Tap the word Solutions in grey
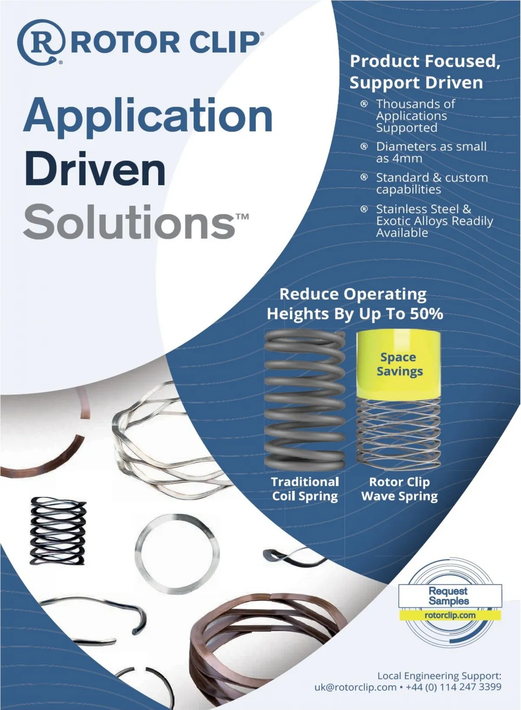point(129,222)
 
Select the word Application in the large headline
point(148,116)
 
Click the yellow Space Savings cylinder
point(399,364)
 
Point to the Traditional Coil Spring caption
point(305,489)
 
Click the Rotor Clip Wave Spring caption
point(399,489)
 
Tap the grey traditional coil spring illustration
point(305,400)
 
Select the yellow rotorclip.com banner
point(450,615)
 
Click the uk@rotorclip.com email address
point(355,687)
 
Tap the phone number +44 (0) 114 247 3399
point(453,687)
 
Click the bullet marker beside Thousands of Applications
point(364,104)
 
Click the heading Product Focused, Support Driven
point(425,72)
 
